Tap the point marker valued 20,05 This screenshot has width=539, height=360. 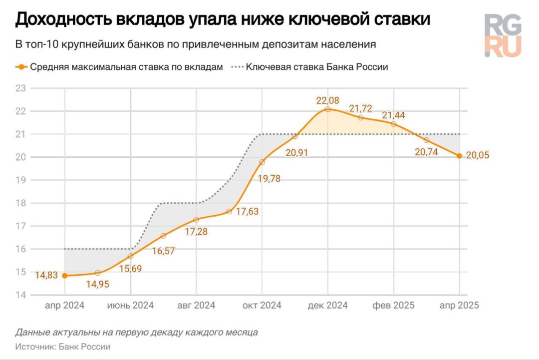[x=459, y=156]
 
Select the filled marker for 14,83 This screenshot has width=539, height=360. [x=64, y=275]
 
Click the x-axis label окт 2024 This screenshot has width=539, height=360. [x=262, y=306]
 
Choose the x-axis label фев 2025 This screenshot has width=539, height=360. [x=393, y=306]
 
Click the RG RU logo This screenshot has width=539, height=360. [x=503, y=35]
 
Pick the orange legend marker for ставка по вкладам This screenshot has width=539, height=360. [x=21, y=67]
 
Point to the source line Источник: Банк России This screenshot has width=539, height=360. [x=63, y=347]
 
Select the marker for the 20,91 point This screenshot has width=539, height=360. [x=295, y=136]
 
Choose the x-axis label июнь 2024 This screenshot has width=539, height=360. [x=130, y=306]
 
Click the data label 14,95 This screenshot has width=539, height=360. [x=98, y=285]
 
